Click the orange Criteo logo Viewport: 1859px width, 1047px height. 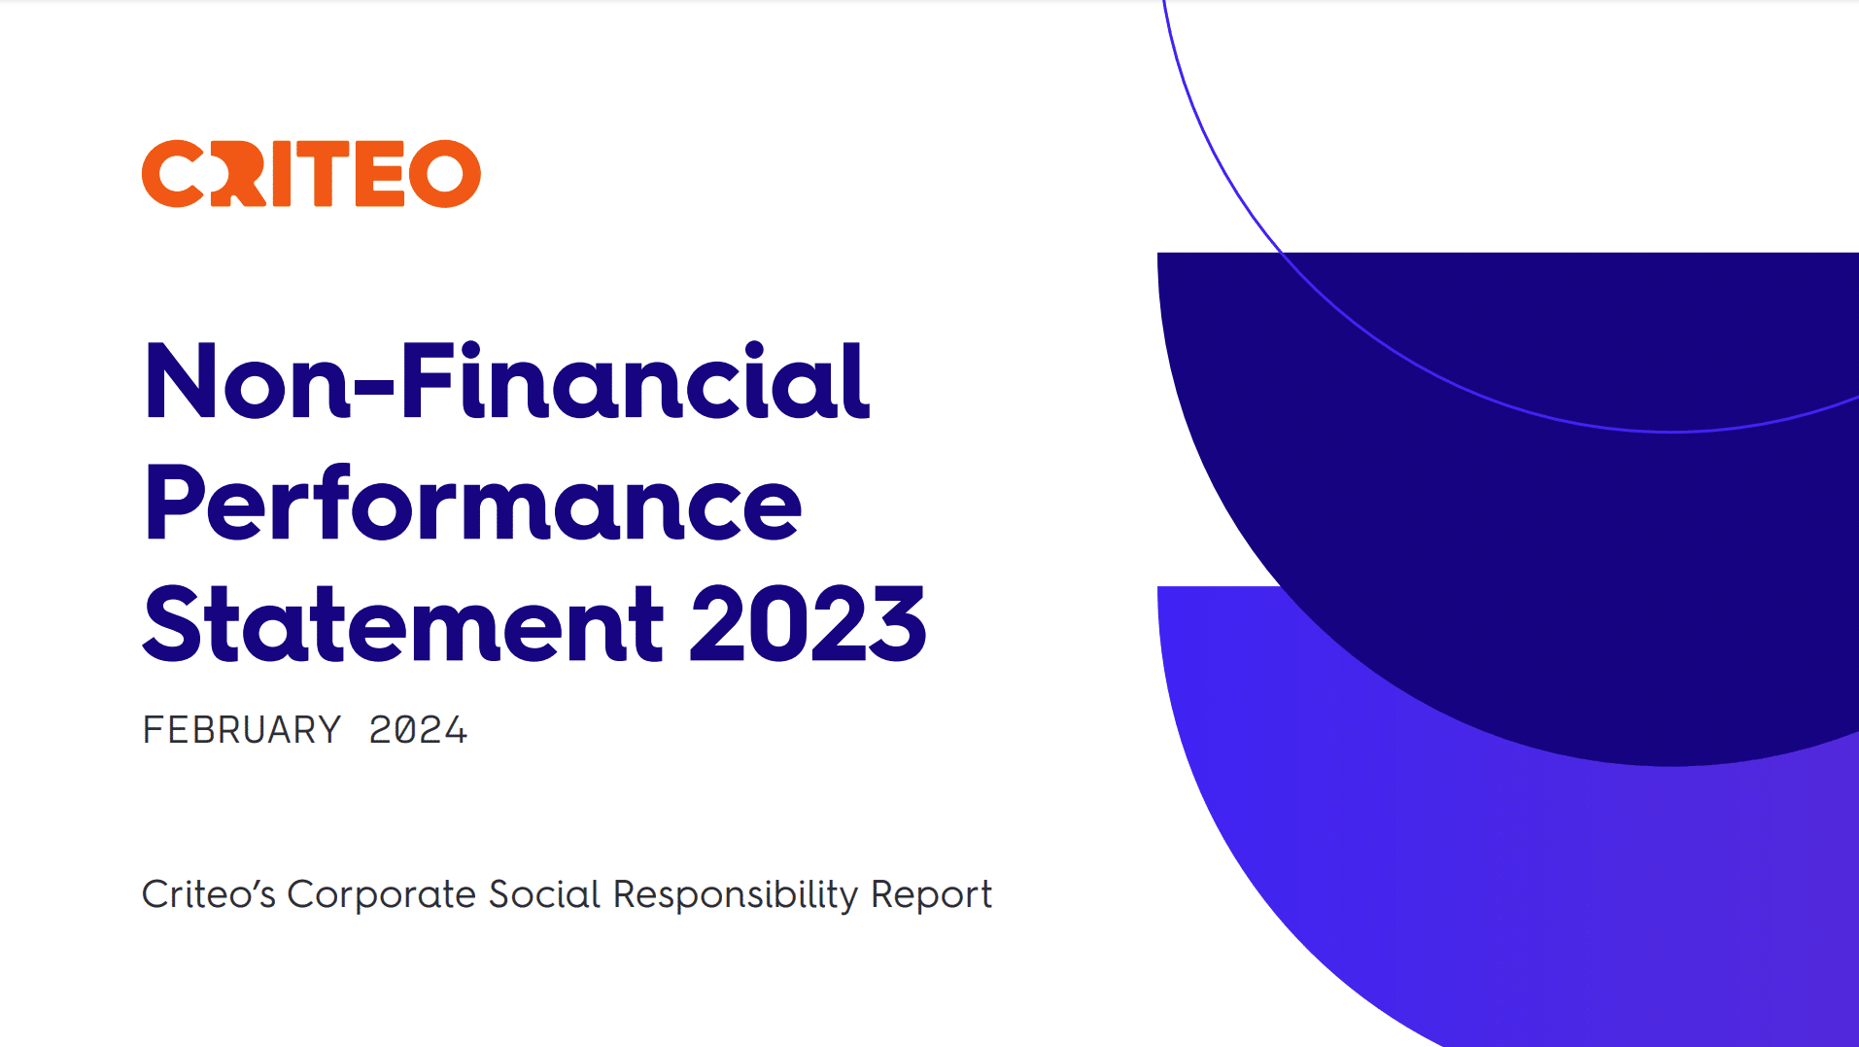pyautogui.click(x=311, y=174)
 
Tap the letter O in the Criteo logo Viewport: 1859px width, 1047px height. pyautogui.click(x=445, y=174)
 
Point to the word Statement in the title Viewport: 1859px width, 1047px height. pyautogui.click(x=403, y=623)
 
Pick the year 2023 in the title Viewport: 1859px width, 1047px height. pyautogui.click(x=809, y=624)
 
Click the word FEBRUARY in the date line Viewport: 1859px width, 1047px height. pyautogui.click(x=242, y=730)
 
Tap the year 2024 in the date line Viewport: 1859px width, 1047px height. pyautogui.click(x=418, y=730)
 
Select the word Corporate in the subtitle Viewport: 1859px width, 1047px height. pyautogui.click(x=381, y=895)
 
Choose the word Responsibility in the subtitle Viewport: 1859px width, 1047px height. pyautogui.click(x=736, y=895)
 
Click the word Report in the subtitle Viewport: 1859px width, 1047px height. pyautogui.click(x=931, y=895)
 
